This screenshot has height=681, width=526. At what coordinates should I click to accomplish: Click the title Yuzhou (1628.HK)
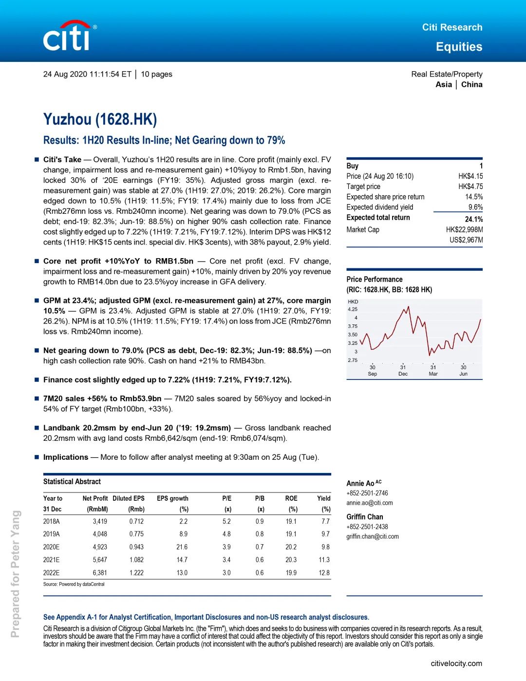pyautogui.click(x=100, y=119)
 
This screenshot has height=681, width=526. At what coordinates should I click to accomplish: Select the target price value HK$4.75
pyautogui.click(x=470, y=187)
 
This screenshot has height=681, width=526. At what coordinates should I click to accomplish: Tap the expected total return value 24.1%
pyautogui.click(x=473, y=219)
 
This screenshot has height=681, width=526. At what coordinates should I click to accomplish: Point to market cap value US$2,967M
pyautogui.click(x=466, y=240)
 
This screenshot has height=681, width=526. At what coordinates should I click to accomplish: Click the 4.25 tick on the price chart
pyautogui.click(x=353, y=309)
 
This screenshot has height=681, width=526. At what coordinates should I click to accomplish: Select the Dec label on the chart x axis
pyautogui.click(x=403, y=374)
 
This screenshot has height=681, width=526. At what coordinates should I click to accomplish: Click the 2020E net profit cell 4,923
pyautogui.click(x=100, y=547)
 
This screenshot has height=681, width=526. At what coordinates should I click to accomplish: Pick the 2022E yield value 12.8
pyautogui.click(x=324, y=573)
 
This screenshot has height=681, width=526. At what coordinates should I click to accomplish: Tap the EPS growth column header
pyautogui.click(x=172, y=498)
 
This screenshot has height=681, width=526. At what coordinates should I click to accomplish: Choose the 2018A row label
pyautogui.click(x=52, y=521)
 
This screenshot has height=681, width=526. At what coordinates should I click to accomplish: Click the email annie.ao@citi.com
pyautogui.click(x=369, y=503)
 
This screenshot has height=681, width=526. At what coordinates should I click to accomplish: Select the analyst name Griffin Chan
pyautogui.click(x=365, y=517)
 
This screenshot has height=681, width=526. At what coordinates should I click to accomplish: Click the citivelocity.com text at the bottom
pyautogui.click(x=456, y=663)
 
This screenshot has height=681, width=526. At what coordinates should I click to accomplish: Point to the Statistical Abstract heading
pyautogui.click(x=72, y=481)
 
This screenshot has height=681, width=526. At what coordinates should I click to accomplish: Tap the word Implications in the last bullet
pyautogui.click(x=66, y=457)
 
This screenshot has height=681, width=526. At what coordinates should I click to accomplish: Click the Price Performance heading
pyautogui.click(x=375, y=279)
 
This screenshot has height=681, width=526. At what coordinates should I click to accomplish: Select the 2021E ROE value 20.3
pyautogui.click(x=291, y=560)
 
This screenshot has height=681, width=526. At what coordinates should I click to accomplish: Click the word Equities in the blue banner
pyautogui.click(x=459, y=47)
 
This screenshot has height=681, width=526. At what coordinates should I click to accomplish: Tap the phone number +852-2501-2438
pyautogui.click(x=367, y=527)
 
